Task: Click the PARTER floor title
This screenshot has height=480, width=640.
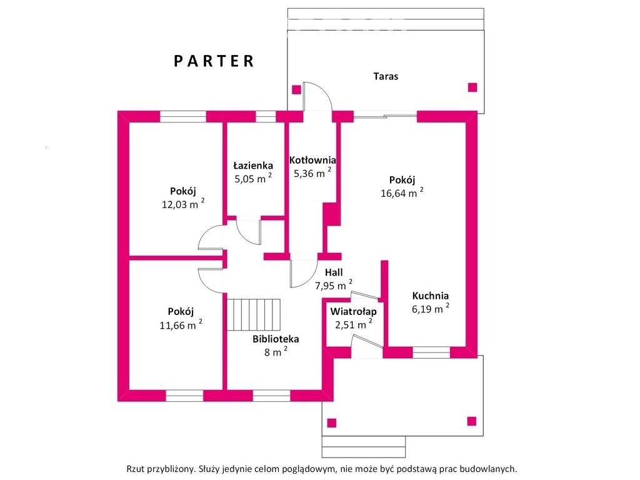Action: [x=214, y=61]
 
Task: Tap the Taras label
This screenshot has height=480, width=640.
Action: [x=386, y=76]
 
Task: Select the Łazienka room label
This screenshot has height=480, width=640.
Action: [x=253, y=165]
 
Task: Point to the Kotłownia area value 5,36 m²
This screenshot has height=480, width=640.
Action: [x=312, y=173]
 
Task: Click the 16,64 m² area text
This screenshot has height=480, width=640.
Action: [x=402, y=192]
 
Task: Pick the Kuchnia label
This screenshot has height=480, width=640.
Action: [x=430, y=296]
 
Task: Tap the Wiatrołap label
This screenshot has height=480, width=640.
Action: [x=354, y=312]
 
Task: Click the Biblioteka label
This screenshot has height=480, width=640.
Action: [x=276, y=339]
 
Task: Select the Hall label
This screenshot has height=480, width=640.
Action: [x=334, y=272]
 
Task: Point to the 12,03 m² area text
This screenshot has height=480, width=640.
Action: [x=183, y=204]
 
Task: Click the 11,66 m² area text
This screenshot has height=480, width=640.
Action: [x=181, y=325]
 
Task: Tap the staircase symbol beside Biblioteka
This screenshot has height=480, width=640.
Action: [x=254, y=314]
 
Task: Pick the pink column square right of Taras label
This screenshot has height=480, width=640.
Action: [x=472, y=87]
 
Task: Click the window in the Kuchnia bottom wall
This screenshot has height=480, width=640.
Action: [x=431, y=352]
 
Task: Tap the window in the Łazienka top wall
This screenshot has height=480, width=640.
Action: [x=266, y=117]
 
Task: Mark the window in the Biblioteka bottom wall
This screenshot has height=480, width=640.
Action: [x=271, y=396]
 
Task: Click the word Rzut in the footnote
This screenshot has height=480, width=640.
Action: [x=135, y=469]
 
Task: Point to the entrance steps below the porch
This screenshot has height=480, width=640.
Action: [x=364, y=447]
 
